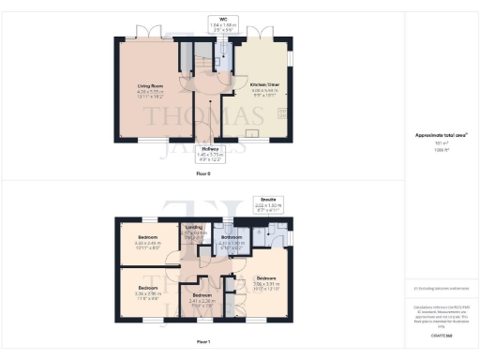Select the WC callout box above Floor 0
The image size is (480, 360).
click(221, 24)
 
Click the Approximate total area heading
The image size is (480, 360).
click(441, 135)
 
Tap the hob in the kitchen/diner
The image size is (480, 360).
click(281, 114)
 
